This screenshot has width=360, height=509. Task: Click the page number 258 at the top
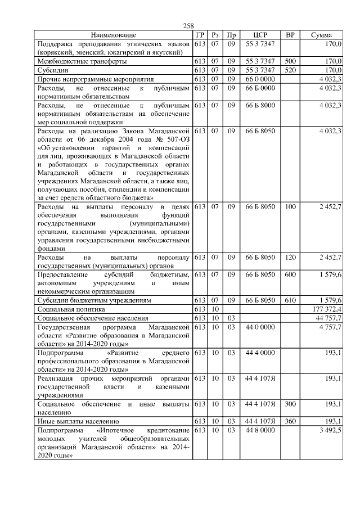pos(188,26)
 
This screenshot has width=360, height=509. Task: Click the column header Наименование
pos(114,35)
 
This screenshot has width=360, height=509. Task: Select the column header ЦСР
pos(260,35)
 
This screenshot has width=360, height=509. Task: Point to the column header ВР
pos(290,35)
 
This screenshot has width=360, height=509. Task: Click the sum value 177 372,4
pos(326,309)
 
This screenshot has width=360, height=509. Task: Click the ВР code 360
pos(290,421)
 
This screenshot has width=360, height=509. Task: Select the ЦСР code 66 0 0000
pos(260,79)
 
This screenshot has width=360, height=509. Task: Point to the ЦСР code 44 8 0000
pos(260,430)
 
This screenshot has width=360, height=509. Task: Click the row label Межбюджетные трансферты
pos(82,61)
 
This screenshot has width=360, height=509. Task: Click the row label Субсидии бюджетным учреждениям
pos(93,300)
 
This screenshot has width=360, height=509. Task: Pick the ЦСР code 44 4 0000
pos(260,352)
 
